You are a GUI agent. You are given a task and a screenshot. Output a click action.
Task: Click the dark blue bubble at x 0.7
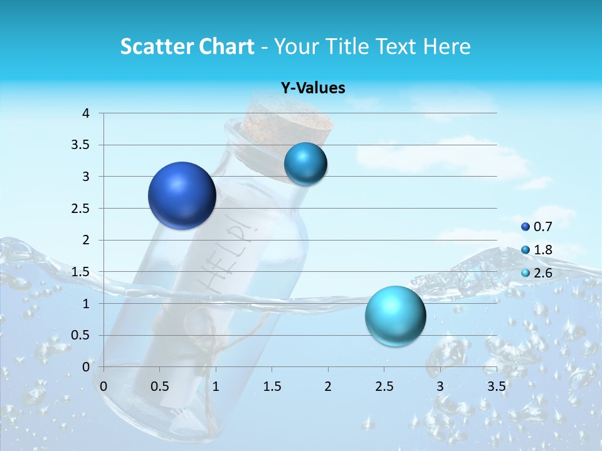(182, 195)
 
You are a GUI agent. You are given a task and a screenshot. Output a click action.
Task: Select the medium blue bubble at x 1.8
(305, 164)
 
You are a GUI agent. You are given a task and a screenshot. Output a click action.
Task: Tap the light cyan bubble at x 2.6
(395, 316)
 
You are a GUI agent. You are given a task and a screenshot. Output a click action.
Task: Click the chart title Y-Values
(313, 88)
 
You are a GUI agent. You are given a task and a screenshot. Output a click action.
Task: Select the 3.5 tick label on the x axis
(496, 386)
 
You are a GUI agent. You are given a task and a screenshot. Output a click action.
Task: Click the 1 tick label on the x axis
(216, 386)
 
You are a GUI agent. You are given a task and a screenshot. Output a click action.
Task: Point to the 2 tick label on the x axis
(328, 386)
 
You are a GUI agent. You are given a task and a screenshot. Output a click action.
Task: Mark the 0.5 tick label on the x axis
(160, 386)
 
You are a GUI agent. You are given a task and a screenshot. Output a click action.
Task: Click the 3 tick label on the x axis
(440, 386)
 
